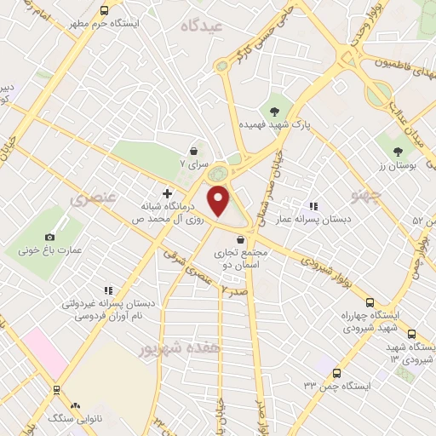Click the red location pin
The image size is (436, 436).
(x=219, y=201)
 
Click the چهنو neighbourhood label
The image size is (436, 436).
(x=368, y=196)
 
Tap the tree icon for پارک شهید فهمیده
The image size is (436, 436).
(x=274, y=111)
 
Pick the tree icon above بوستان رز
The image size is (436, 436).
(x=397, y=151)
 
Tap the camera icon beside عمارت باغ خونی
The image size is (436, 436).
(x=49, y=237)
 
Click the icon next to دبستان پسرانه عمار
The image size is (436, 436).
(x=314, y=205)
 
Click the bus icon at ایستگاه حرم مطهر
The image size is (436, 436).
(x=104, y=11)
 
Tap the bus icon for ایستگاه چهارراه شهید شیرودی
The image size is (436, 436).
(x=369, y=302)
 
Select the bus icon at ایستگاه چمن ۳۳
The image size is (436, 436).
(x=337, y=373)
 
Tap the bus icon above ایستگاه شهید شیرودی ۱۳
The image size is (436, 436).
(x=411, y=334)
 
